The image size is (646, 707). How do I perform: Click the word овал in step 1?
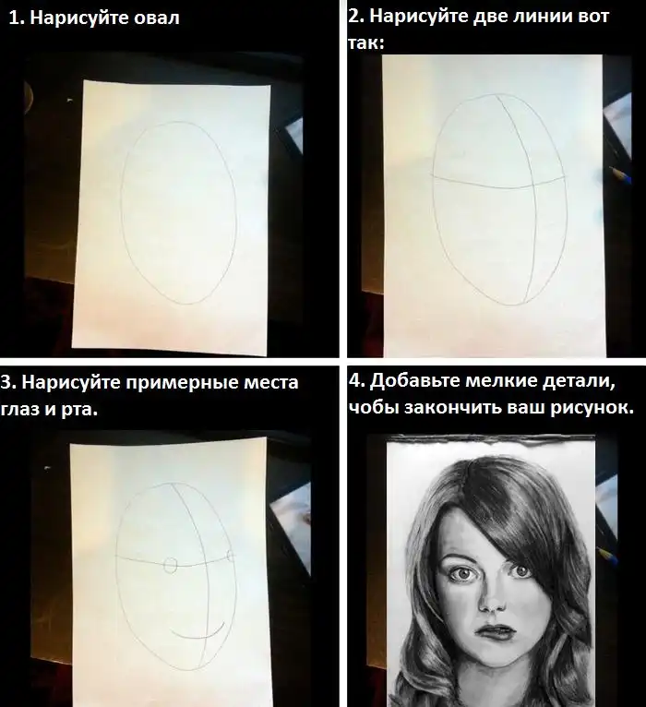tap(157, 18)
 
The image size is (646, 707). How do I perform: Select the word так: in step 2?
tap(365, 43)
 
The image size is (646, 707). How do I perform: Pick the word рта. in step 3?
tap(79, 411)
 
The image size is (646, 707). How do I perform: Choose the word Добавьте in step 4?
tap(414, 381)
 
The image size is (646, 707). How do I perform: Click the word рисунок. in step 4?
tap(592, 408)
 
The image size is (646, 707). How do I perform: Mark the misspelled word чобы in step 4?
tap(373, 408)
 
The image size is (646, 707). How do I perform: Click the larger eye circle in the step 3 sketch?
tap(171, 565)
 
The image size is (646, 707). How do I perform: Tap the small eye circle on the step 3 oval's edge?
tap(231, 556)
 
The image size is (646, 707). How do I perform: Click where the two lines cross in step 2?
tap(532, 185)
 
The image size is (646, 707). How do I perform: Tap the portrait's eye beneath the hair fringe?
tap(521, 571)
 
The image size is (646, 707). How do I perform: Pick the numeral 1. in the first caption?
tap(17, 18)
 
